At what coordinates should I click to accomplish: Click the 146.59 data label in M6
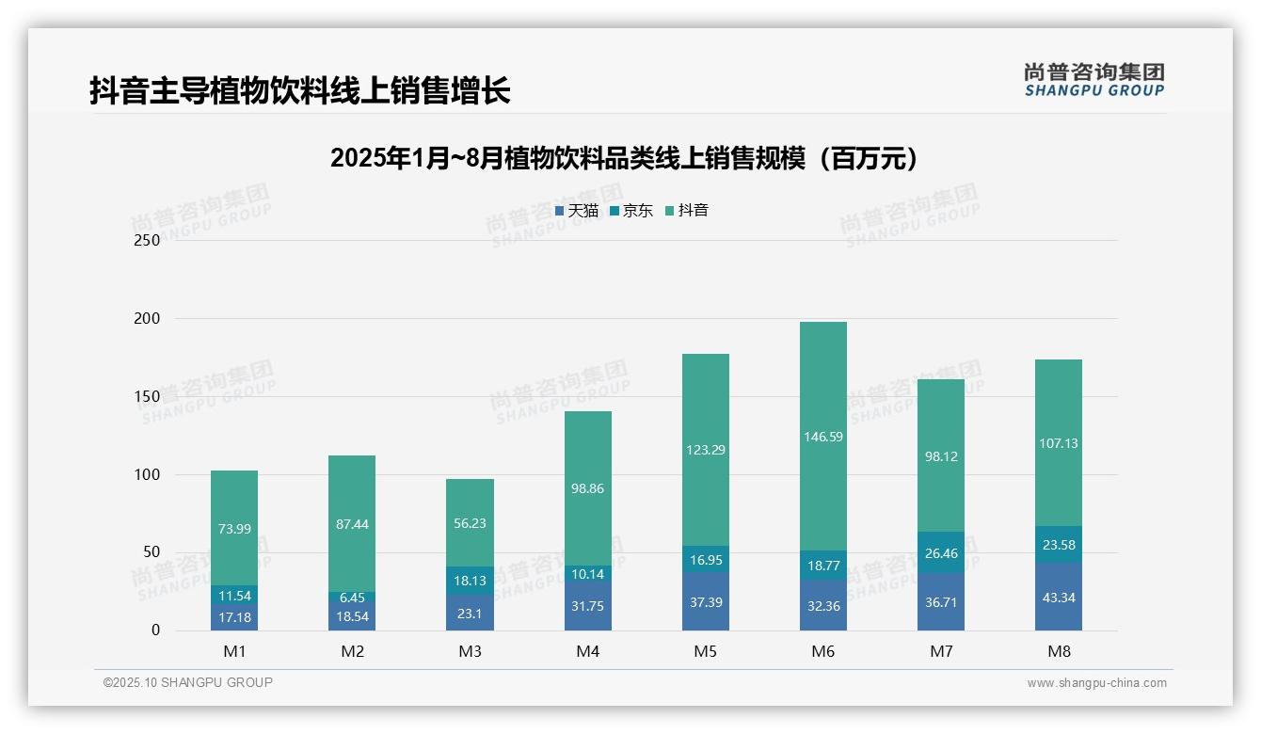pos(823,437)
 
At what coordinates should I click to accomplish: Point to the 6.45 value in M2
pos(352,598)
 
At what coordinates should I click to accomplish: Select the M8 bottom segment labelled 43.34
pos(1059,598)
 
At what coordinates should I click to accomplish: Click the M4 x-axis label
pos(588,651)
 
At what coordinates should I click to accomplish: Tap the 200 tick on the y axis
pos(148,319)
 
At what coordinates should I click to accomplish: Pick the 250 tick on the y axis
pos(148,240)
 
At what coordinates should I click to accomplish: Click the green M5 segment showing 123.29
pos(706,450)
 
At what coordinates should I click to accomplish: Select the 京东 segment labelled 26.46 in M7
pos(941,553)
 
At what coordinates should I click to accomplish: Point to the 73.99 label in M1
pos(234,529)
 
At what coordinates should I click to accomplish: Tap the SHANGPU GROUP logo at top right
pos(1094,80)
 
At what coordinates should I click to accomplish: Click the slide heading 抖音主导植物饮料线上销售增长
pos(300,90)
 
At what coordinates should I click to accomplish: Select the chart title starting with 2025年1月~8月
pos(624,158)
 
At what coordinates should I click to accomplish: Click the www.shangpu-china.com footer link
pos(1096,683)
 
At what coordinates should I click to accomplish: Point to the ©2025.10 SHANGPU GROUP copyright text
pos(188,682)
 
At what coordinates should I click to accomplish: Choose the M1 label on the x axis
pos(234,651)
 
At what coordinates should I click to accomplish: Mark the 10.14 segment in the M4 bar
pos(588,574)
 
